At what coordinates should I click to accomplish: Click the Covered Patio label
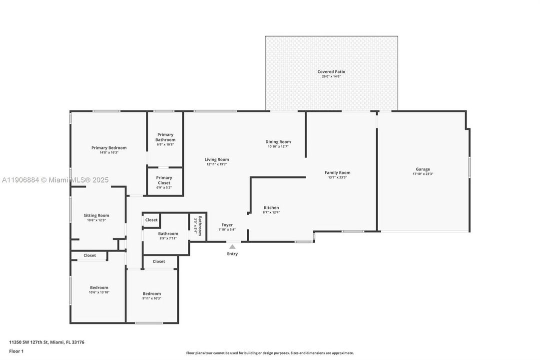click(331, 71)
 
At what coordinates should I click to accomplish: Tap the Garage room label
click(423, 169)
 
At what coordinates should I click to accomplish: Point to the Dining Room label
click(278, 141)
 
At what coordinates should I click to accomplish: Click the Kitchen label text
click(271, 207)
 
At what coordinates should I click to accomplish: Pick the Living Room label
click(216, 159)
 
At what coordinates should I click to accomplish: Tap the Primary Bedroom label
click(109, 147)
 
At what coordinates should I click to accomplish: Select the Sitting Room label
click(96, 215)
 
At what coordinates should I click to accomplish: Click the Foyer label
click(227, 225)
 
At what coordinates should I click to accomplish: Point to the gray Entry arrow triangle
click(232, 246)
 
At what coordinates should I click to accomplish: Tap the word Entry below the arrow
click(232, 253)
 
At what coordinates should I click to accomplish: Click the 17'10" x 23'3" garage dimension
click(423, 174)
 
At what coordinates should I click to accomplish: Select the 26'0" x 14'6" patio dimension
click(331, 76)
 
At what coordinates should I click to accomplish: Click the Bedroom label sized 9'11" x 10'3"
click(152, 293)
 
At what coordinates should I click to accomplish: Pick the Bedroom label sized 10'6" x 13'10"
click(99, 287)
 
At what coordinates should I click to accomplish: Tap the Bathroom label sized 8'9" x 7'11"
click(168, 233)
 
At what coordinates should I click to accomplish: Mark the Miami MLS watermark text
click(54, 180)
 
